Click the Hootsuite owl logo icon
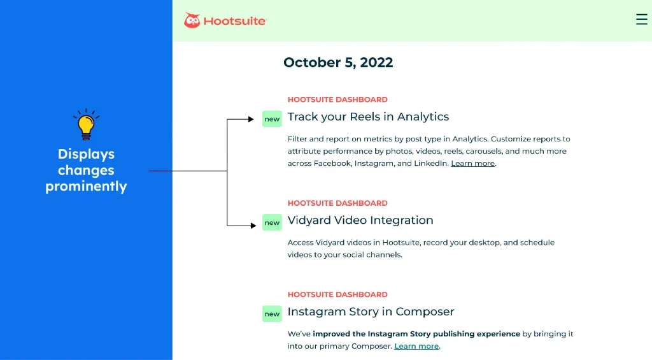pyautogui.click(x=192, y=20)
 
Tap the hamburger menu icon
pyautogui.click(x=642, y=19)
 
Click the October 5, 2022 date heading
pyautogui.click(x=338, y=62)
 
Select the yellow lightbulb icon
pyautogui.click(x=86, y=124)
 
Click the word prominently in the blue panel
pyautogui.click(x=86, y=187)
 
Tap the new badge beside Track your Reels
pyautogui.click(x=272, y=119)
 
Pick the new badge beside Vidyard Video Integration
pyautogui.click(x=272, y=222)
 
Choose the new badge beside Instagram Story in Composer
pyautogui.click(x=272, y=313)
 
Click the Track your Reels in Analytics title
pyautogui.click(x=368, y=117)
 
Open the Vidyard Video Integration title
pyautogui.click(x=360, y=220)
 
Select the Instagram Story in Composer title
pyautogui.click(x=371, y=312)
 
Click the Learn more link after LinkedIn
pyautogui.click(x=473, y=164)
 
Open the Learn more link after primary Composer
pyautogui.click(x=416, y=346)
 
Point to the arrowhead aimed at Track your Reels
pyautogui.click(x=251, y=119)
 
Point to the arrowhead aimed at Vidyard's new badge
pyautogui.click(x=253, y=226)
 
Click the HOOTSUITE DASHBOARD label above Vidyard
pyautogui.click(x=337, y=203)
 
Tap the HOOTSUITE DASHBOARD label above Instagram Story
pyautogui.click(x=337, y=294)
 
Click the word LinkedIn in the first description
pyautogui.click(x=430, y=164)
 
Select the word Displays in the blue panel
pyautogui.click(x=86, y=154)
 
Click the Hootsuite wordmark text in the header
pyautogui.click(x=234, y=21)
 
